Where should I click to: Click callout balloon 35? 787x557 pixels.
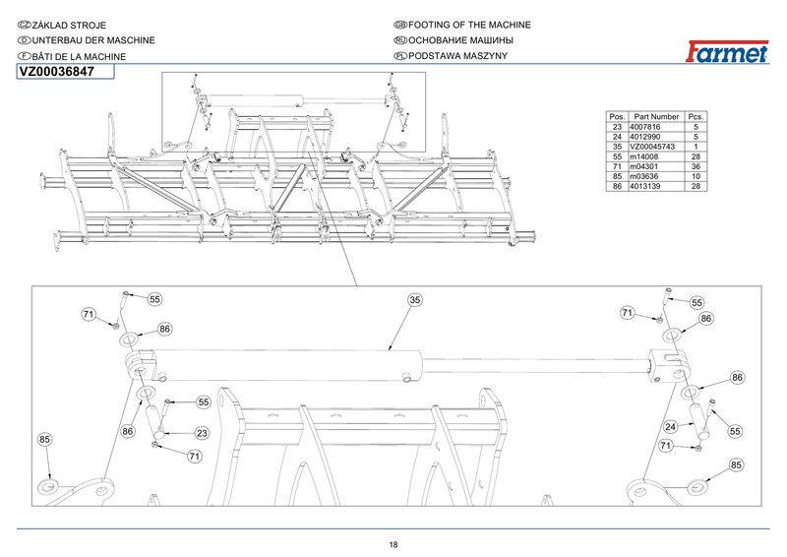click(415, 299)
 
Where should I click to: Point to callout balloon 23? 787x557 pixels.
click(201, 433)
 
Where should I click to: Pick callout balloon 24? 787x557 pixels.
click(671, 427)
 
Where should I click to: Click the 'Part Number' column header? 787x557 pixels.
click(657, 117)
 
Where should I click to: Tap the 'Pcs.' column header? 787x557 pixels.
click(695, 117)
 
